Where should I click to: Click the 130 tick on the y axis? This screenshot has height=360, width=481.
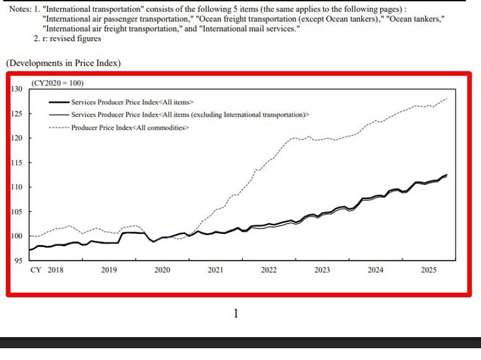click(17, 89)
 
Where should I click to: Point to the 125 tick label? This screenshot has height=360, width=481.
click(17, 114)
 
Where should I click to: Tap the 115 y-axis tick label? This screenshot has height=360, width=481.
click(17, 163)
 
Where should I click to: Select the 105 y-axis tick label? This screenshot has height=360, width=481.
click(17, 212)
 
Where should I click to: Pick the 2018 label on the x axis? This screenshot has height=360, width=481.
click(55, 270)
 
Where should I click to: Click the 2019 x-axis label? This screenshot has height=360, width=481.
click(109, 270)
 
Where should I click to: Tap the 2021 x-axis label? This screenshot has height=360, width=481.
click(215, 270)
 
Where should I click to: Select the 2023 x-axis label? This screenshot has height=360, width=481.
click(322, 270)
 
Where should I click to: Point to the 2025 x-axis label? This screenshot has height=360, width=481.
click(429, 270)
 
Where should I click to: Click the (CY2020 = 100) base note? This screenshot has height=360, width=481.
click(57, 83)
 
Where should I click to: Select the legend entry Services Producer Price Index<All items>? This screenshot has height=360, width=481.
click(132, 102)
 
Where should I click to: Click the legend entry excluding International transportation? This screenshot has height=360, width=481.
click(190, 115)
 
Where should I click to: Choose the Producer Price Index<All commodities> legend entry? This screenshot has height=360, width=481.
click(130, 127)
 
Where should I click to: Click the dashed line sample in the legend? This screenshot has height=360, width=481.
click(59, 127)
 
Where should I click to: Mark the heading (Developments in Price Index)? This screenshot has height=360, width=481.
click(63, 63)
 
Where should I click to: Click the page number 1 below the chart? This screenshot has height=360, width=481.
click(236, 313)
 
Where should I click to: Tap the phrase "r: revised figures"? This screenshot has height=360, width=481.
click(71, 38)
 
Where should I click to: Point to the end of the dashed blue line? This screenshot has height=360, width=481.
click(446, 99)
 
